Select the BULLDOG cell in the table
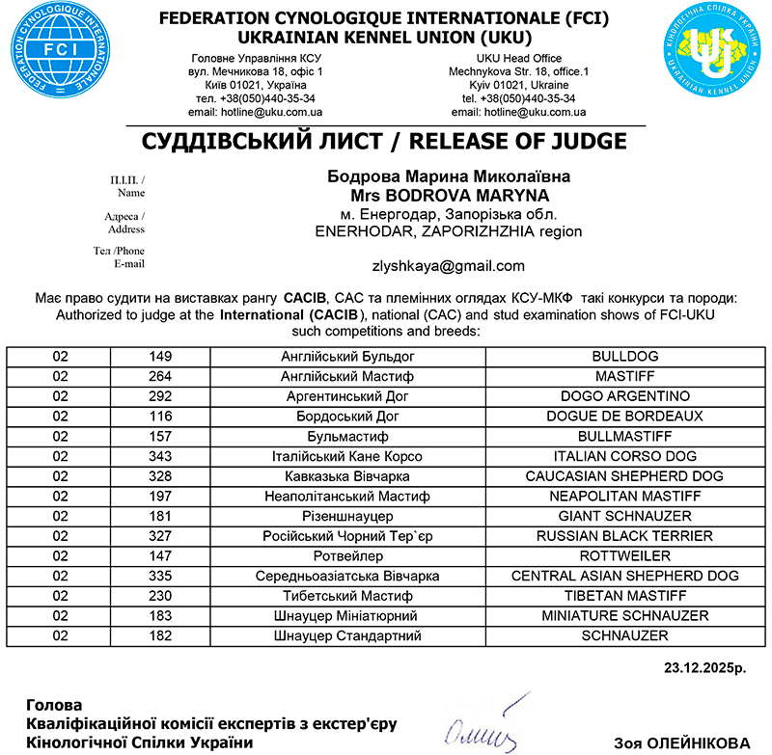(x=624, y=356)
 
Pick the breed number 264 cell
(x=160, y=376)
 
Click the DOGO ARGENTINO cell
(x=624, y=396)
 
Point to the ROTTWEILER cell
(x=624, y=556)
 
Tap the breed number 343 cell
(x=160, y=456)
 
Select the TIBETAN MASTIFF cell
(x=624, y=596)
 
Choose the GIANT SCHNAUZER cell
(x=624, y=516)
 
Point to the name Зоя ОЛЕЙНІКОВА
(x=681, y=742)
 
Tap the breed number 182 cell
(x=160, y=636)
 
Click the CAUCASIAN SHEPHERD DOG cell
(x=624, y=476)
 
